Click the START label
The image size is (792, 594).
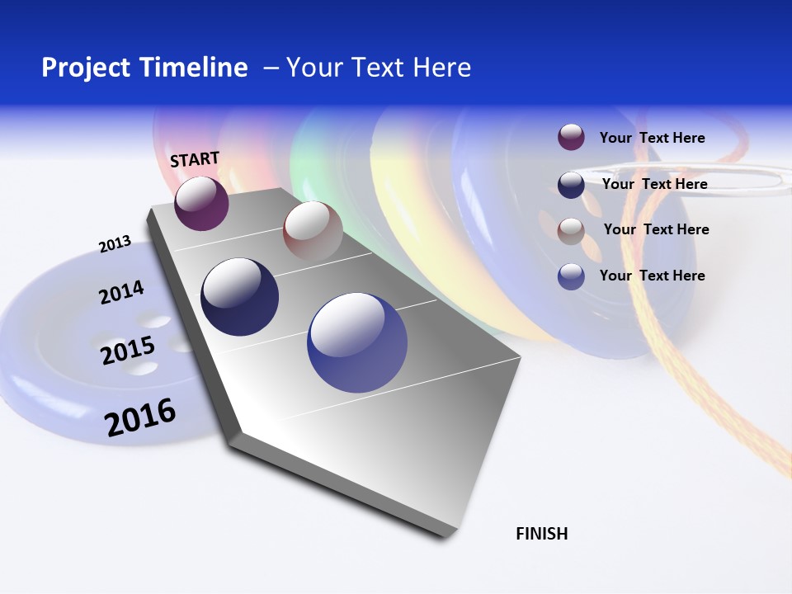pyautogui.click(x=195, y=159)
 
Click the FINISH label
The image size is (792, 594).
pyautogui.click(x=541, y=534)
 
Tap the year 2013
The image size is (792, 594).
pyautogui.click(x=115, y=244)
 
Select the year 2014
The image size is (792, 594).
pyautogui.click(x=121, y=293)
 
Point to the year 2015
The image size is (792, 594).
pyautogui.click(x=128, y=351)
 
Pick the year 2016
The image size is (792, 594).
pyautogui.click(x=140, y=417)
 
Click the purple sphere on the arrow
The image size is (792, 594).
pyautogui.click(x=201, y=203)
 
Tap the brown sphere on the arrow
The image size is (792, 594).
pyautogui.click(x=313, y=231)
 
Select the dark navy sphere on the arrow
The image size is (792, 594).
pyautogui.click(x=239, y=297)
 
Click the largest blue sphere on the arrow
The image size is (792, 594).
pyautogui.click(x=357, y=342)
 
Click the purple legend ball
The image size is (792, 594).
pyautogui.click(x=571, y=137)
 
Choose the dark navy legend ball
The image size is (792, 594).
pyautogui.click(x=571, y=184)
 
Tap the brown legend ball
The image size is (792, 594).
pyautogui.click(x=571, y=230)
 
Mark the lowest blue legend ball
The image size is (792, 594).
pyautogui.click(x=571, y=276)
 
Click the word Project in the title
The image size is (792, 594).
pyautogui.click(x=85, y=68)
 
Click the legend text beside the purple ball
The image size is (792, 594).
pyautogui.click(x=652, y=138)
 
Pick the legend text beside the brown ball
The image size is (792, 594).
pyautogui.click(x=656, y=229)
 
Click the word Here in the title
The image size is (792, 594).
pyautogui.click(x=441, y=68)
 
